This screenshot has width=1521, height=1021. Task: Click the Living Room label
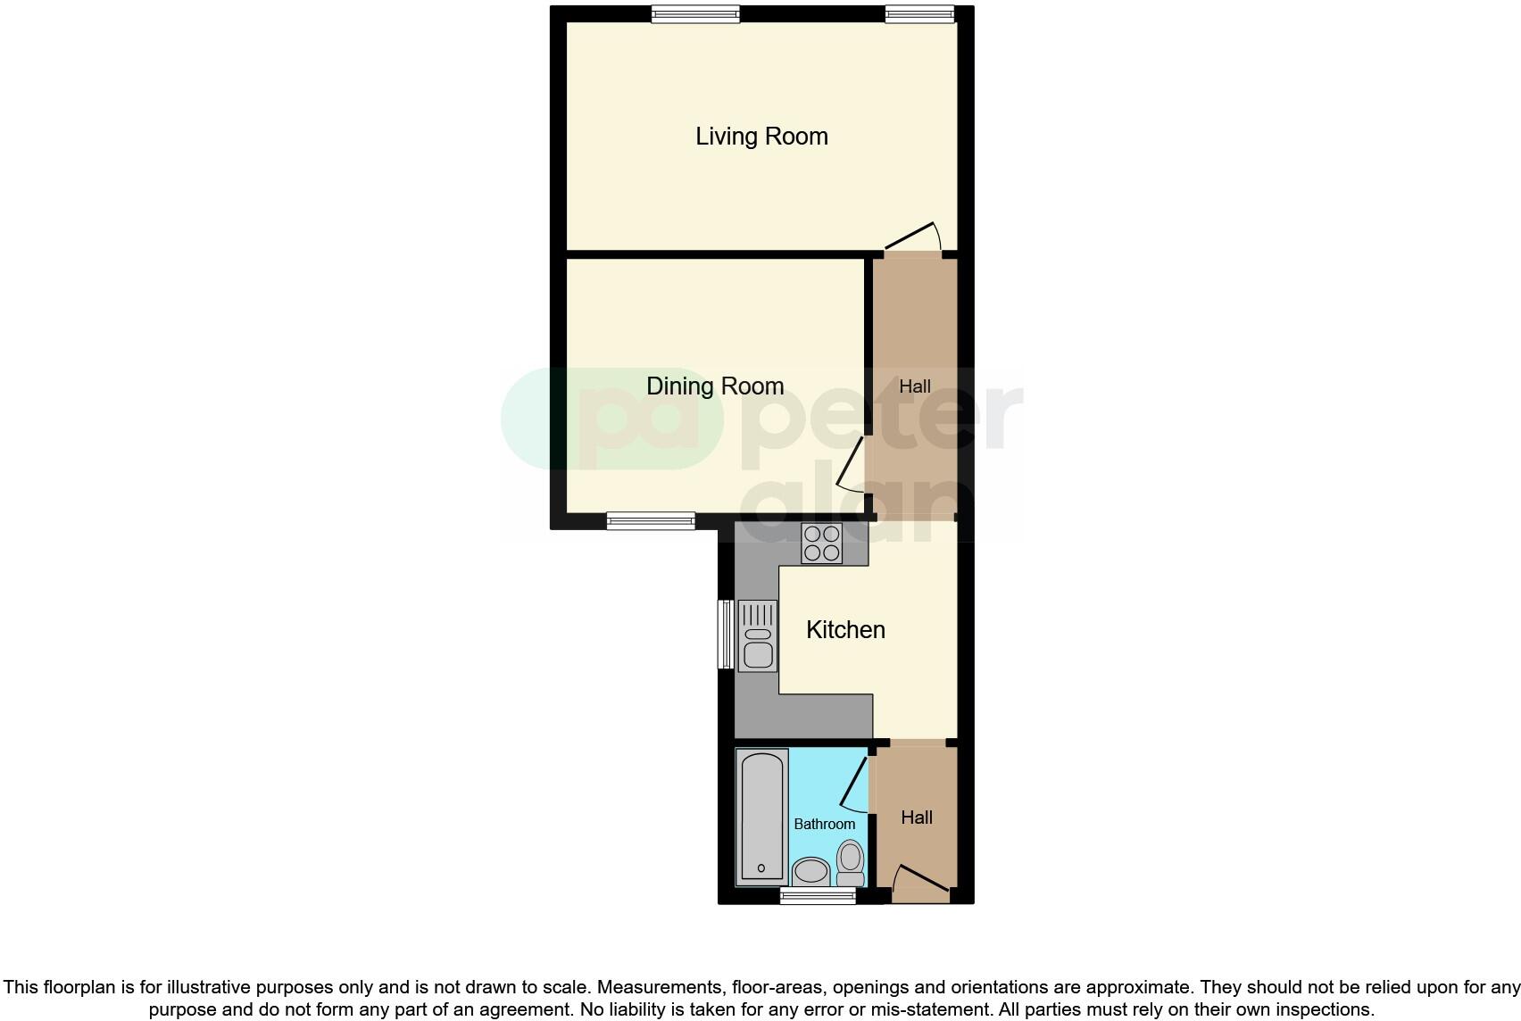pyautogui.click(x=761, y=137)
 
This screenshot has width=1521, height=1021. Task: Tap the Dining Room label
pyautogui.click(x=715, y=386)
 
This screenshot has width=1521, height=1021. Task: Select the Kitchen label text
pyautogui.click(x=845, y=630)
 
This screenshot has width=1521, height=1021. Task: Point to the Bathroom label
pyautogui.click(x=824, y=824)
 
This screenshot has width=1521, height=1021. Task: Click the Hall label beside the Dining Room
pyautogui.click(x=915, y=386)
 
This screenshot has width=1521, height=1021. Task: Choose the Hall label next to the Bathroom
pyautogui.click(x=917, y=818)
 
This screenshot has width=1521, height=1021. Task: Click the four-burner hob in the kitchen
pyautogui.click(x=821, y=544)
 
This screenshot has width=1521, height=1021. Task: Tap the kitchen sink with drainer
pyautogui.click(x=758, y=635)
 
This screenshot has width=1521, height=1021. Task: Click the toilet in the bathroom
pyautogui.click(x=851, y=863)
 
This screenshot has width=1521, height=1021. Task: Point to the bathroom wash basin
pyautogui.click(x=810, y=871)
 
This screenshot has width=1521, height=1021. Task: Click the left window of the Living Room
pyautogui.click(x=695, y=13)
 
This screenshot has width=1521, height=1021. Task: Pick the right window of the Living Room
pyautogui.click(x=919, y=13)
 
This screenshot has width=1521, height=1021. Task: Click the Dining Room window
pyautogui.click(x=651, y=521)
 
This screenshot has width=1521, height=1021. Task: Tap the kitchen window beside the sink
pyautogui.click(x=726, y=635)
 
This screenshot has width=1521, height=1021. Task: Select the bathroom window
pyautogui.click(x=818, y=896)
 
